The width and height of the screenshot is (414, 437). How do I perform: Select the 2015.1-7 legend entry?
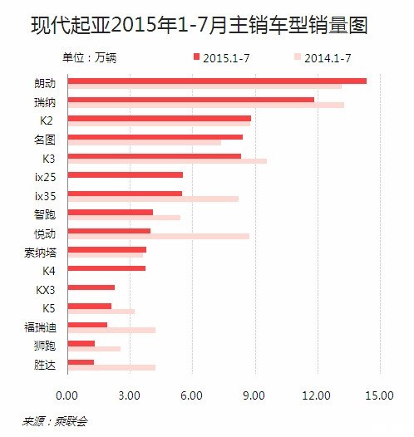point(220,57)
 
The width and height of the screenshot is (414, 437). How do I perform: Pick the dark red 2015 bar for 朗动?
point(216,81)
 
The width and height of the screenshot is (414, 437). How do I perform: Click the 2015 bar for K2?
point(159,119)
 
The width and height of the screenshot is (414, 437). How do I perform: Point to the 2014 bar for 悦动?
point(158,237)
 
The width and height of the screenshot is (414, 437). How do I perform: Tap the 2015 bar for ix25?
point(125,174)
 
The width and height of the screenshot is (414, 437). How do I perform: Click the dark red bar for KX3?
point(91,287)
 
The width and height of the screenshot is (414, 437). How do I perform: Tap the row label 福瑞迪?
point(41,327)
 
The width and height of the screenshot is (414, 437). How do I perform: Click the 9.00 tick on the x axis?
point(254,395)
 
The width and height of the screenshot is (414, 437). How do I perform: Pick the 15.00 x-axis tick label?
point(380,395)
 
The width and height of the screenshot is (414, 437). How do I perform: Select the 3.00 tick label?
point(129,395)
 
